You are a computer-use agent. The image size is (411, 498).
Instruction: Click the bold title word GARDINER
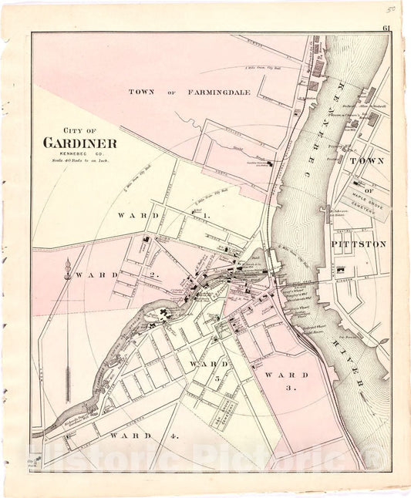[x=80, y=143]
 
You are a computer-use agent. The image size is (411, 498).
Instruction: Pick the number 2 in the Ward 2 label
[x=153, y=275]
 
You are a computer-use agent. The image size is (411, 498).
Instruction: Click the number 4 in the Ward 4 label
[x=175, y=436]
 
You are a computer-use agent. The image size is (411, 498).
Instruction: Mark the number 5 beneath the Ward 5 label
[x=217, y=378]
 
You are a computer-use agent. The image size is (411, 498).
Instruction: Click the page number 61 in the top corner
[x=385, y=29]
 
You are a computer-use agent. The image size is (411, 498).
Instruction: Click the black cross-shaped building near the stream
[x=164, y=313]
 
